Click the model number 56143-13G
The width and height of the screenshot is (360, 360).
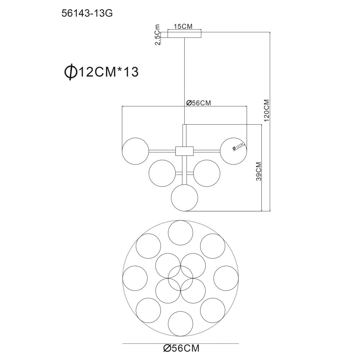point(87,14)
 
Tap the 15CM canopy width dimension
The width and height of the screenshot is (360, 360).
point(183,27)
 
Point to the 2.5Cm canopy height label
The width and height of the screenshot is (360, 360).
point(157,35)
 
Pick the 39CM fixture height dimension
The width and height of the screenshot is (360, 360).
point(259,171)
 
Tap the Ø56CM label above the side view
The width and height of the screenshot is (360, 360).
point(198,103)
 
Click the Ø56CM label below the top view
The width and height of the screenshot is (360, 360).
point(181,348)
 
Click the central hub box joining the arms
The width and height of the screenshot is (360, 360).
point(184,151)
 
